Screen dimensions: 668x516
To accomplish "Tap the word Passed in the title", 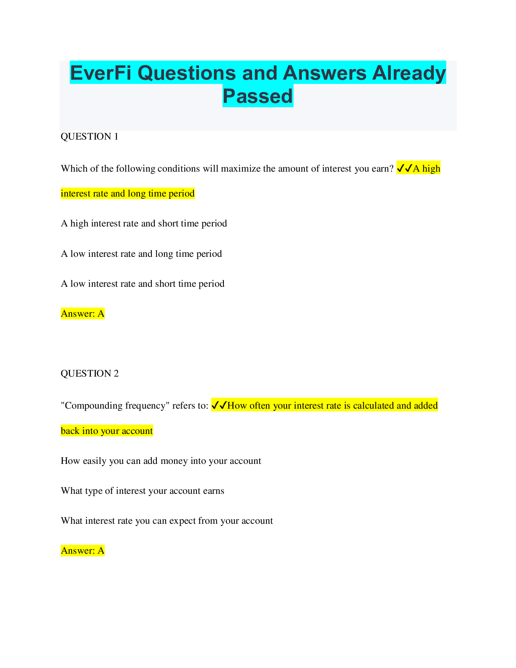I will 258,96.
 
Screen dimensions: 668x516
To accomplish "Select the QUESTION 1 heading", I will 89,137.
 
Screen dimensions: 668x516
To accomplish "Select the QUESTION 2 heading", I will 89,374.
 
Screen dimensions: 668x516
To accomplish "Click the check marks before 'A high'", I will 404,168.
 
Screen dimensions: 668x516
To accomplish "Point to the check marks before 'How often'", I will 219,405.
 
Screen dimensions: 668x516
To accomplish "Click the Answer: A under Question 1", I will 83,314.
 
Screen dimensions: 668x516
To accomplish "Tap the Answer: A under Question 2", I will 83,551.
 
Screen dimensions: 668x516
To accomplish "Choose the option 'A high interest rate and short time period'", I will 144,224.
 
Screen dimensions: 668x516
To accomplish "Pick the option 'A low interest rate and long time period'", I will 141,254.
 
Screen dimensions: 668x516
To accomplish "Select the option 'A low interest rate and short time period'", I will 142,284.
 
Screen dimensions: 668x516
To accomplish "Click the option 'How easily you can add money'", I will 161,461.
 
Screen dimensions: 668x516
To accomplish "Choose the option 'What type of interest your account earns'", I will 142,491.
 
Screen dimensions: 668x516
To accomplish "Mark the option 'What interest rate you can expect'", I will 167,521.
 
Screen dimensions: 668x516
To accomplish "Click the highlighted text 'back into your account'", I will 107,431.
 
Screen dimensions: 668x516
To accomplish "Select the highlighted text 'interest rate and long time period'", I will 128,194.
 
